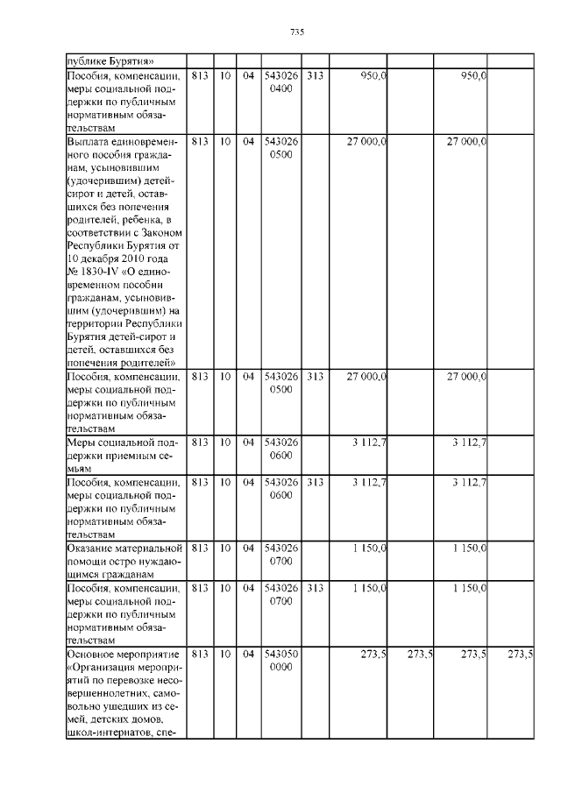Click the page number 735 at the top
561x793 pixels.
click(296, 32)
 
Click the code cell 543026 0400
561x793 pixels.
click(280, 82)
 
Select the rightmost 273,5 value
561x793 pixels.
click(521, 655)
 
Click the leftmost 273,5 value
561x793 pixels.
click(373, 655)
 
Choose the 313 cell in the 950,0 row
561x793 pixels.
click(315, 76)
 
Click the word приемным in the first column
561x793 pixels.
click(129, 456)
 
